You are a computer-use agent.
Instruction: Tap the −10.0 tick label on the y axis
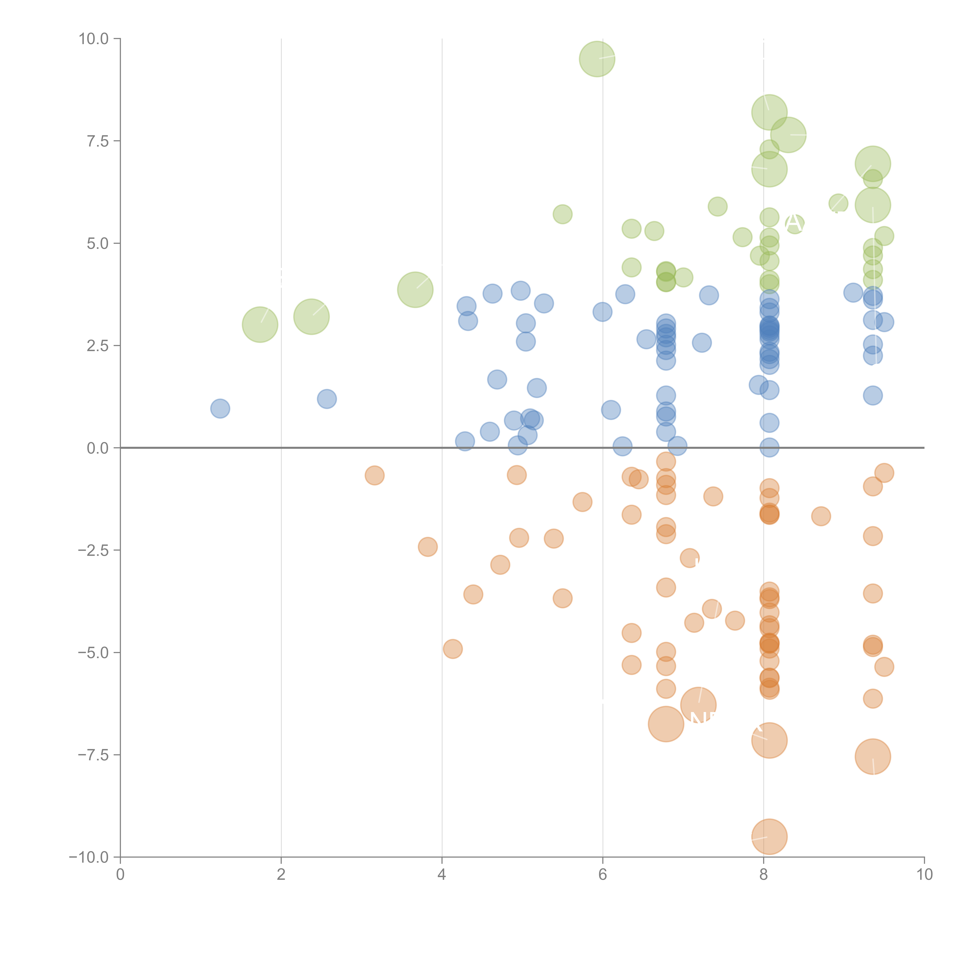coord(89,857)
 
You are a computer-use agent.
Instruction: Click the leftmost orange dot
coord(374,476)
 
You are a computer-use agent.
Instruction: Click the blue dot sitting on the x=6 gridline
coord(602,312)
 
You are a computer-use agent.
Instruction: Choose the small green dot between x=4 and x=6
coord(562,214)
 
